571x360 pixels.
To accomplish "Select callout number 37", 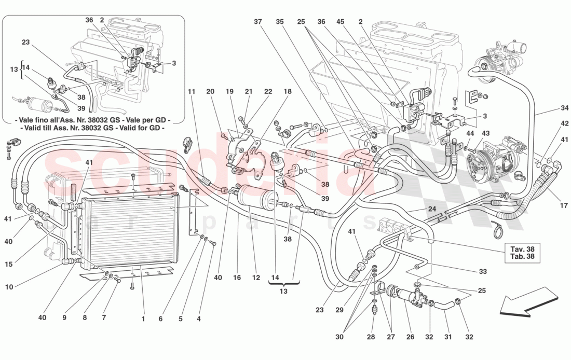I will tap(259, 22).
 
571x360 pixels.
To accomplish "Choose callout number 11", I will tap(192, 92).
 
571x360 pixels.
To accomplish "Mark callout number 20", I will tap(210, 92).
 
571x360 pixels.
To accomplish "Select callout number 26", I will tap(410, 337).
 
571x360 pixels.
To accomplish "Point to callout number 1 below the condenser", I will tap(143, 319).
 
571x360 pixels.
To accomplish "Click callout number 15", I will tap(9, 264).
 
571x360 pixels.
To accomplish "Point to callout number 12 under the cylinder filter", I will tap(255, 278).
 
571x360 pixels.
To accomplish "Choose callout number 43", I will tap(486, 134).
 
